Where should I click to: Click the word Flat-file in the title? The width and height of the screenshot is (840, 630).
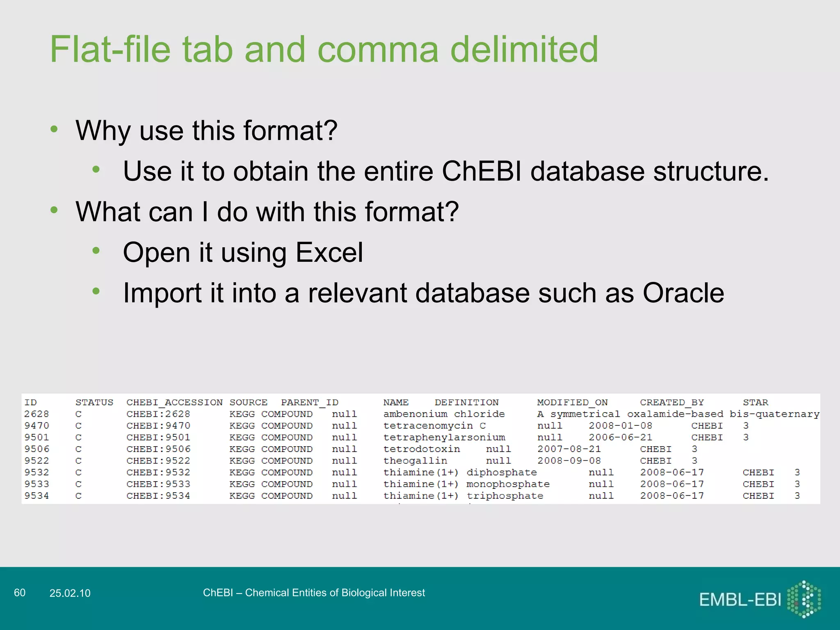click(110, 50)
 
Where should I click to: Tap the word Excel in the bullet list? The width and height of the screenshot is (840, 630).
click(329, 252)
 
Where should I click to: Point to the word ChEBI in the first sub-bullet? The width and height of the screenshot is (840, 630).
click(481, 171)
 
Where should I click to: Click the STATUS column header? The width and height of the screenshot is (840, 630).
click(94, 402)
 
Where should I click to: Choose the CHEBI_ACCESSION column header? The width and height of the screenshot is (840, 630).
click(174, 402)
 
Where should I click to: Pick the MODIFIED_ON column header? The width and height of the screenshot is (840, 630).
click(572, 402)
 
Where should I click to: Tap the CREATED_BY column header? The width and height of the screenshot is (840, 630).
click(671, 402)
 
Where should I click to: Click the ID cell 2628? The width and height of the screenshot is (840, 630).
click(37, 414)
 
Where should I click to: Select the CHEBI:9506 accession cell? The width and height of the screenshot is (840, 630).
click(158, 449)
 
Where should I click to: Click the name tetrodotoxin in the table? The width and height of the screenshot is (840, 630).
click(422, 449)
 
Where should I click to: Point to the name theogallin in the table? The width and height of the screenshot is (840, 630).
click(415, 461)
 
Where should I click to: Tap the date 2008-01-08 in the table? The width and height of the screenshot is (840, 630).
click(620, 426)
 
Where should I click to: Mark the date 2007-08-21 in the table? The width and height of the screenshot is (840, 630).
click(569, 449)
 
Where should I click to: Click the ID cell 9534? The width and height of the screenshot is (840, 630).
click(37, 495)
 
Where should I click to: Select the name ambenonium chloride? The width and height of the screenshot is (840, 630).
click(444, 414)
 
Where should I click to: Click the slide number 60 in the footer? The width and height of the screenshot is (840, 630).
click(20, 593)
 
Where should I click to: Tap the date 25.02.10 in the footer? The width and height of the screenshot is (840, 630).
click(70, 593)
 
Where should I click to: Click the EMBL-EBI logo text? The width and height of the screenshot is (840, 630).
click(740, 600)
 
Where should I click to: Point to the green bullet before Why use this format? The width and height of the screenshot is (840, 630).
click(54, 129)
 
